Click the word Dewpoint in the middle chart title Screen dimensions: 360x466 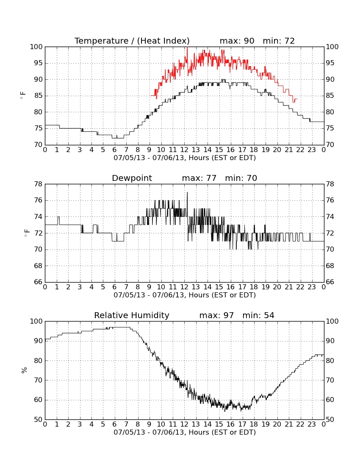[x=132, y=178]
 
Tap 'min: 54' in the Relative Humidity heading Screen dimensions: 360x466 [x=258, y=315]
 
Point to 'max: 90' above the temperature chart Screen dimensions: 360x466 [x=237, y=41]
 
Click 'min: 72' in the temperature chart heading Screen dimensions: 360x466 [x=279, y=41]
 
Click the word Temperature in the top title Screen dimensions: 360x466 [x=102, y=41]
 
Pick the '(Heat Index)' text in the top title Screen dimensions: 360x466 [x=163, y=41]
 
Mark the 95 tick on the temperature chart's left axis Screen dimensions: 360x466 [x=38, y=63]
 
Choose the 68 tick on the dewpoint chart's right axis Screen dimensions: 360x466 [x=330, y=266]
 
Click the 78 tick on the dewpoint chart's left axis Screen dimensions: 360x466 [x=39, y=184]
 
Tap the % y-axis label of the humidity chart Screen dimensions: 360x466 [x=24, y=370]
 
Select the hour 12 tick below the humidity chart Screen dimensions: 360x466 [x=184, y=424]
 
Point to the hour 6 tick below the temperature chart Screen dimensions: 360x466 [x=115, y=150]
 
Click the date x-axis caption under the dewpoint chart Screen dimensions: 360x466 [x=185, y=295]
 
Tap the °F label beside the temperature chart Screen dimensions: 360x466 [x=23, y=96]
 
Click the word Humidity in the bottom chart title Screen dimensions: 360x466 [x=152, y=315]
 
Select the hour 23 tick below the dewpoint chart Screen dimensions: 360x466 [x=312, y=287]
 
